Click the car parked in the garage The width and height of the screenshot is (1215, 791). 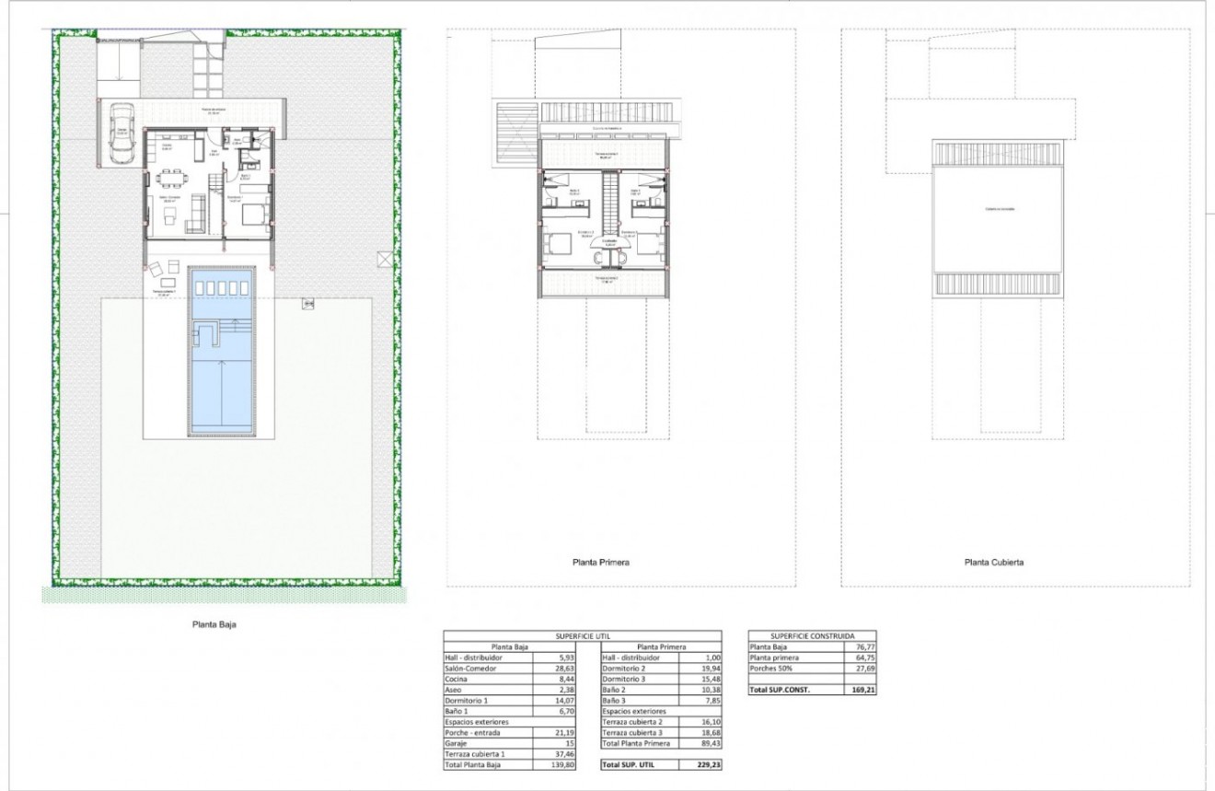[x=121, y=134]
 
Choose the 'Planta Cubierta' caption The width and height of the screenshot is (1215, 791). [x=994, y=562]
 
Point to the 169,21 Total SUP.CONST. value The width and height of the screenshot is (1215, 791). [x=862, y=689]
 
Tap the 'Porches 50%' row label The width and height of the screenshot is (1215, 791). [x=772, y=668]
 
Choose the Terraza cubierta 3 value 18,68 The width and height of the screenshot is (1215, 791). [x=704, y=732]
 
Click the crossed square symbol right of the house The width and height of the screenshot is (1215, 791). [x=384, y=259]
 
